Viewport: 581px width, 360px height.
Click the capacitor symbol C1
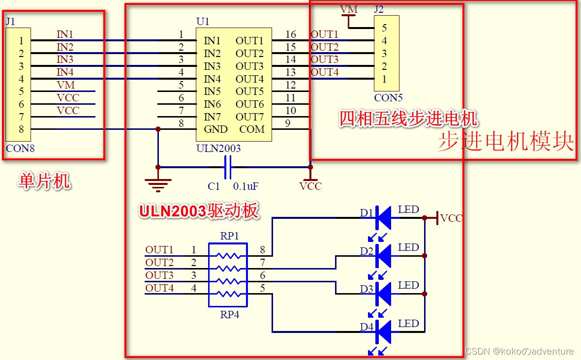pos(227,167)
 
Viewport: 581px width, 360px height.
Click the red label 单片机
pos(44,181)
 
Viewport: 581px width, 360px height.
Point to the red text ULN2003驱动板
pos(198,210)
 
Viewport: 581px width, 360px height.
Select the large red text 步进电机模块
pos(506,142)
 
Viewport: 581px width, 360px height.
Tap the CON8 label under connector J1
pos(20,148)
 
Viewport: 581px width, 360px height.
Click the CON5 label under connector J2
pos(388,98)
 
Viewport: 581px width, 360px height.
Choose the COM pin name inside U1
pos(252,129)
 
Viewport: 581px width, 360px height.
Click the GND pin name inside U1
pos(215,129)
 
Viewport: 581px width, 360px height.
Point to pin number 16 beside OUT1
pos(291,34)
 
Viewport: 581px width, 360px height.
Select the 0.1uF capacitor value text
pos(246,186)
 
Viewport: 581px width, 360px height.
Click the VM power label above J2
pos(349,10)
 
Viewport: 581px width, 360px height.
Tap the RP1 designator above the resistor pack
pos(229,236)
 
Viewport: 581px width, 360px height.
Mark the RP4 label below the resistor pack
pos(229,315)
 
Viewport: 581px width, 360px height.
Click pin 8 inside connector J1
pos(21,129)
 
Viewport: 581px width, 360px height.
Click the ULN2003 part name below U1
pos(218,148)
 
